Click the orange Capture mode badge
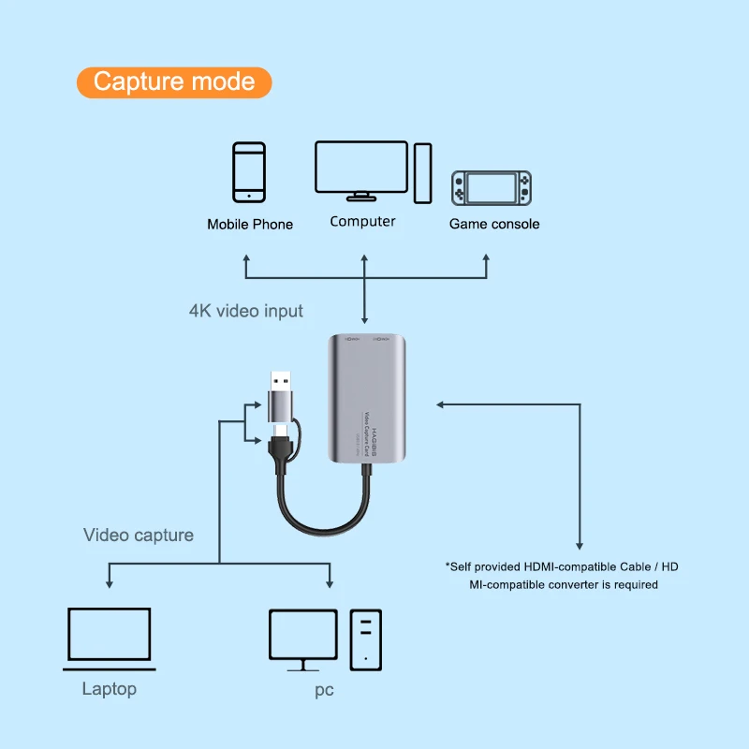(x=173, y=81)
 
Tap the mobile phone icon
(x=249, y=171)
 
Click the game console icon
(x=492, y=187)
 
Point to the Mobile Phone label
(x=250, y=225)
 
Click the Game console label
(x=494, y=224)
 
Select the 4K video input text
(x=246, y=310)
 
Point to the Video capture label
(x=139, y=536)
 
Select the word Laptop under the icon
(x=110, y=689)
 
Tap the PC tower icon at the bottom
(x=366, y=639)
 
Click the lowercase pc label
(x=324, y=691)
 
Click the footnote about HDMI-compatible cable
(x=564, y=575)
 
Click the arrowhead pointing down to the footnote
(x=580, y=545)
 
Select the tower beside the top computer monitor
(x=423, y=172)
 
